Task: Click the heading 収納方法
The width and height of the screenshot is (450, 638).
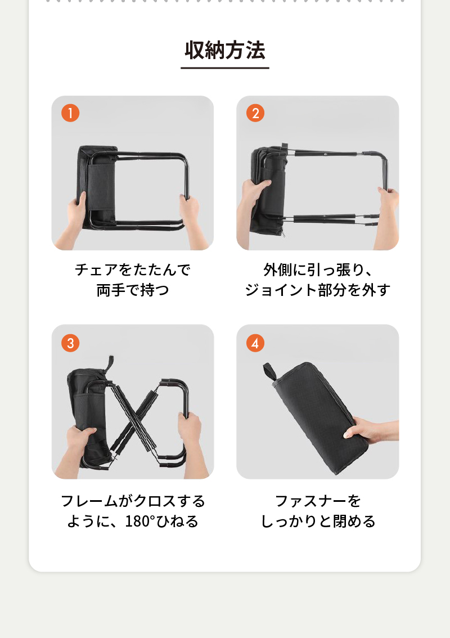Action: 225,51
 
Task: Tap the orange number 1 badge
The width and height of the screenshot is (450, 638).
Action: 70,113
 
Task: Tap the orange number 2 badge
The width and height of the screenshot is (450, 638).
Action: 255,113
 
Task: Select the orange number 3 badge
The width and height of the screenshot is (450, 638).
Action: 70,343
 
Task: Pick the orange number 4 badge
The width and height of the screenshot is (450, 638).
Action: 255,343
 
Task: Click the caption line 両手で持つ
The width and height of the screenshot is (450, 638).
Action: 133,290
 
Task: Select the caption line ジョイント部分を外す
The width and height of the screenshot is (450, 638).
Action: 317,290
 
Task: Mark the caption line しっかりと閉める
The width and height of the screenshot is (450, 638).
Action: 317,521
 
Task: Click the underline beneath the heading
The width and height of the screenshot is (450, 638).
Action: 225,68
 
